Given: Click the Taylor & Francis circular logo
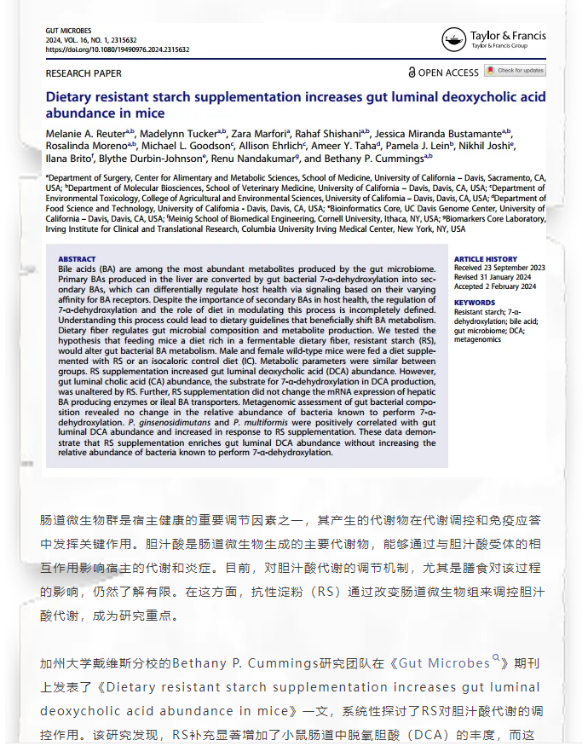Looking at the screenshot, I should (x=453, y=39).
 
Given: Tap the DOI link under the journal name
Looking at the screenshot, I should (x=117, y=49).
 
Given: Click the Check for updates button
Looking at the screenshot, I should (x=520, y=71).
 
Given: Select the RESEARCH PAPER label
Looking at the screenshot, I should (x=84, y=73).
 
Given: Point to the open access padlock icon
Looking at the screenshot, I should (x=412, y=73).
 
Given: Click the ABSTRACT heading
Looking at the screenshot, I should (x=76, y=259).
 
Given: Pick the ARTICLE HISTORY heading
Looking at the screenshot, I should (x=485, y=259).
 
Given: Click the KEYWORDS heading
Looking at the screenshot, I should (x=474, y=303).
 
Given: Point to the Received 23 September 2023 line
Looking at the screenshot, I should (x=499, y=268).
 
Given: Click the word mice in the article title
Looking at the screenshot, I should (x=150, y=113).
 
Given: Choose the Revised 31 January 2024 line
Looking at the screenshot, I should (x=492, y=276).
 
